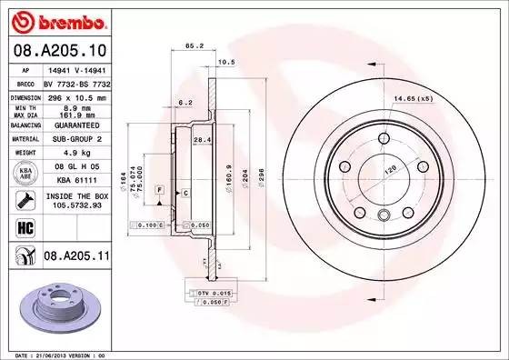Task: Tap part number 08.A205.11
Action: coord(75,258)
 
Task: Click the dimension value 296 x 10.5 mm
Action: coord(76,95)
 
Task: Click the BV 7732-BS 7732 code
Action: coord(76,82)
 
